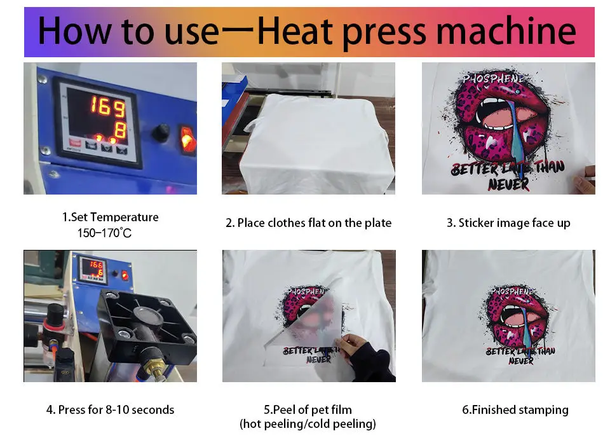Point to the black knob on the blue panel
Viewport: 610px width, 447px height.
159,133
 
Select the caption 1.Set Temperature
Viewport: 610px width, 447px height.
110,217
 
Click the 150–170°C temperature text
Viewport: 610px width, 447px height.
104,233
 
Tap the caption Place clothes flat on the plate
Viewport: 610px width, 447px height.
308,223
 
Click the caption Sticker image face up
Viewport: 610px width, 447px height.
508,223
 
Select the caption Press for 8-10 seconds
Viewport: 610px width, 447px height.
110,410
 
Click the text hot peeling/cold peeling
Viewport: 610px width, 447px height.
308,424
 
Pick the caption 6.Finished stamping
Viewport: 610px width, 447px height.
515,410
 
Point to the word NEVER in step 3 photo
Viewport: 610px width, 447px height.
508,184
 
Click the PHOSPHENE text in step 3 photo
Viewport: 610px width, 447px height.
493,79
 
